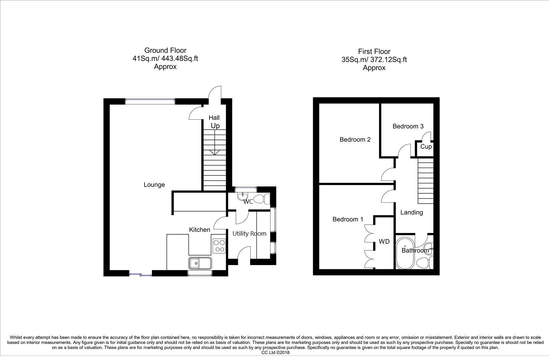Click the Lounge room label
(154, 185)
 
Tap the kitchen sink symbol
(200, 263)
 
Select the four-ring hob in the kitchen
(219, 246)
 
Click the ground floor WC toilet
(266, 199)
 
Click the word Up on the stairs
(215, 126)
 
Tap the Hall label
(214, 118)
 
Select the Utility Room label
(249, 234)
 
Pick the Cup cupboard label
(426, 147)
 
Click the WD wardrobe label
(384, 242)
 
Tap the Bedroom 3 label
(408, 126)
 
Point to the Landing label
(411, 212)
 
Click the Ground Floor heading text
(165, 50)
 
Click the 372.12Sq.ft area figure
(386, 60)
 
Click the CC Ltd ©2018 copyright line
(275, 352)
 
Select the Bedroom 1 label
(348, 219)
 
